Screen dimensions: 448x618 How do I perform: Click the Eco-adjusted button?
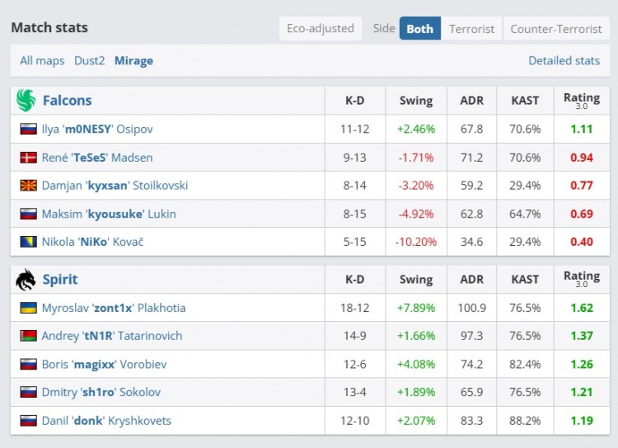click(x=321, y=29)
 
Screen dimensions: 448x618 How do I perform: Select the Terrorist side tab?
click(x=472, y=29)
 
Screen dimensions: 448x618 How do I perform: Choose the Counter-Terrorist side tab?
click(x=556, y=29)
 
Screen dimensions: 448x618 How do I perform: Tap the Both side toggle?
click(x=419, y=29)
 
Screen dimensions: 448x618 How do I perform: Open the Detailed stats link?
click(x=564, y=60)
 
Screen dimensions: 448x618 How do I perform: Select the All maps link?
click(x=42, y=60)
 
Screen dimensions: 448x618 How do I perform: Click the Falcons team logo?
click(x=26, y=101)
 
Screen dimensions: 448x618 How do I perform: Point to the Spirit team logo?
click(x=26, y=280)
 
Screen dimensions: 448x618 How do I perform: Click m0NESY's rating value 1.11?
click(x=581, y=129)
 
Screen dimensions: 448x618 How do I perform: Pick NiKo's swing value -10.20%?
click(x=416, y=242)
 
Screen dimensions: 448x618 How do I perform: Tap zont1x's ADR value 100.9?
click(x=472, y=308)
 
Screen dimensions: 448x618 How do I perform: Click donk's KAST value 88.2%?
click(x=525, y=421)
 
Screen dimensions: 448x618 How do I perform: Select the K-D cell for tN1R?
click(x=354, y=336)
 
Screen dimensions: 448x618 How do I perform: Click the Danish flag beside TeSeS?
click(x=29, y=158)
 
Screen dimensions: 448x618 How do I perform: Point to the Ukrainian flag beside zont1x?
click(x=29, y=308)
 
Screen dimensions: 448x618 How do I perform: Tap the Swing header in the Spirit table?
click(x=416, y=280)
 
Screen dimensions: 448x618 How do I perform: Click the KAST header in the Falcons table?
click(x=525, y=101)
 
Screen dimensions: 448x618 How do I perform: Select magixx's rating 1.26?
click(x=581, y=364)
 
